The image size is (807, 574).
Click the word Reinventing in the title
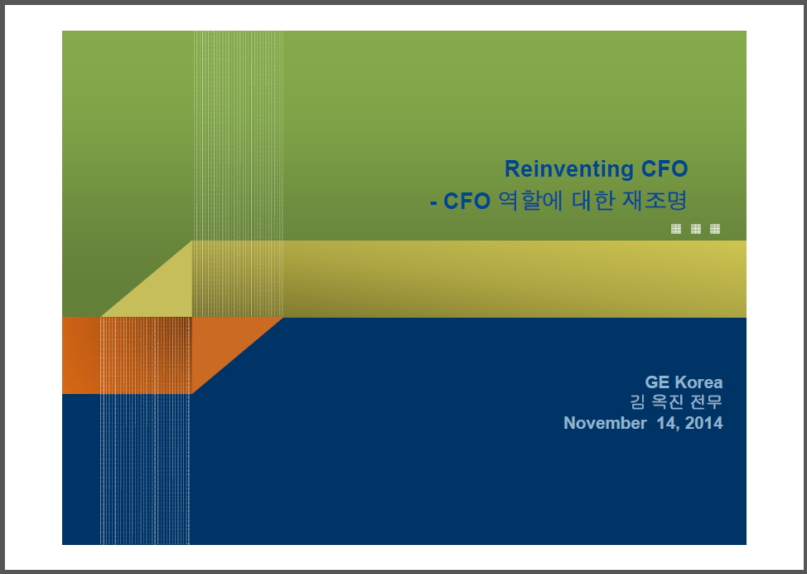click(568, 169)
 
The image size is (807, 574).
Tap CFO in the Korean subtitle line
click(466, 202)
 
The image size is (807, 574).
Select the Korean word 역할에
click(530, 201)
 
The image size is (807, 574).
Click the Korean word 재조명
click(655, 201)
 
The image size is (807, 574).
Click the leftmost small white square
click(676, 229)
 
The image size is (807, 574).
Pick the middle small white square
click(696, 229)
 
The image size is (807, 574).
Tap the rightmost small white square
click(715, 229)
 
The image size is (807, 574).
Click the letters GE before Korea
click(657, 382)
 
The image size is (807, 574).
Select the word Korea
click(698, 382)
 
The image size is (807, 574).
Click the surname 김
click(637, 401)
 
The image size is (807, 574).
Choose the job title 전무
click(706, 401)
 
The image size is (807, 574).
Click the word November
click(605, 423)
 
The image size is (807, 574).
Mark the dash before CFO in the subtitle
click(433, 203)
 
